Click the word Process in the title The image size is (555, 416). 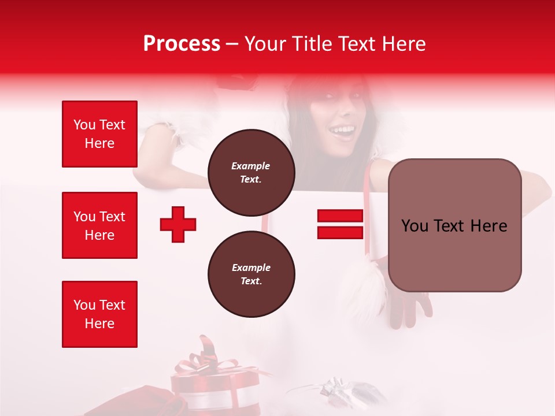coord(182,44)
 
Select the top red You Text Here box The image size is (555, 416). coord(99,134)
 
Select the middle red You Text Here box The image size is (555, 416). coord(99,225)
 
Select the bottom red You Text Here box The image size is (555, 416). coord(99,314)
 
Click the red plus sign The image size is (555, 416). coord(178,224)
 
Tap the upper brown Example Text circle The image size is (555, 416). coord(251,173)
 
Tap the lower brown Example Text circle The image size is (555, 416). coord(251,274)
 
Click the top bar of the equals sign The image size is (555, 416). coord(340,216)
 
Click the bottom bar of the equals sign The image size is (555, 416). coord(340,232)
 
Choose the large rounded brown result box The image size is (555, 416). coord(454,225)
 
